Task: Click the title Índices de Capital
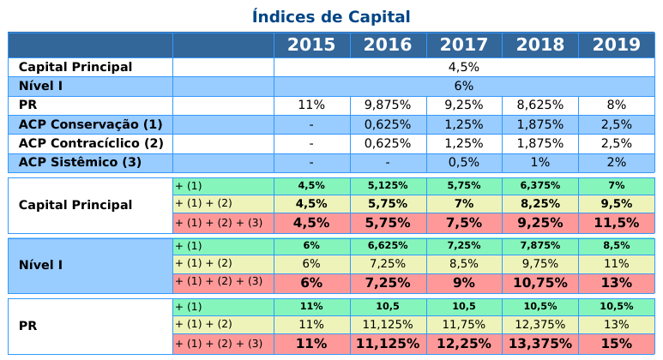pyautogui.click(x=331, y=17)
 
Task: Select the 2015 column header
pyautogui.click(x=311, y=45)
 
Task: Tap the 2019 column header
pyautogui.click(x=617, y=45)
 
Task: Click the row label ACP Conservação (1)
pyautogui.click(x=90, y=124)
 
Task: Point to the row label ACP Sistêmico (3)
pyautogui.click(x=80, y=162)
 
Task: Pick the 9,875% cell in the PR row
pyautogui.click(x=388, y=105)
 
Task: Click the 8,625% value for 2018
pyautogui.click(x=540, y=105)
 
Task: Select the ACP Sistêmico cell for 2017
pyautogui.click(x=464, y=163)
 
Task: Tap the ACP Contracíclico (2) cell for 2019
pyautogui.click(x=617, y=144)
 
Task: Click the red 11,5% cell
pyautogui.click(x=617, y=223)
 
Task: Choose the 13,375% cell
pyautogui.click(x=540, y=344)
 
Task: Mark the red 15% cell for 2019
pyautogui.click(x=617, y=344)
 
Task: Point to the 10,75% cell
pyautogui.click(x=540, y=283)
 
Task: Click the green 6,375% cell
pyautogui.click(x=540, y=185)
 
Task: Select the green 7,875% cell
pyautogui.click(x=540, y=245)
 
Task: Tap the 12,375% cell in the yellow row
pyautogui.click(x=540, y=325)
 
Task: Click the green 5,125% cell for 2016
pyautogui.click(x=388, y=185)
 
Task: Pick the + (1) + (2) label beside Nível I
pyautogui.click(x=204, y=264)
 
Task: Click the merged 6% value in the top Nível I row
pyautogui.click(x=464, y=87)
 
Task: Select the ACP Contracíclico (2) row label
pyautogui.click(x=91, y=144)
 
